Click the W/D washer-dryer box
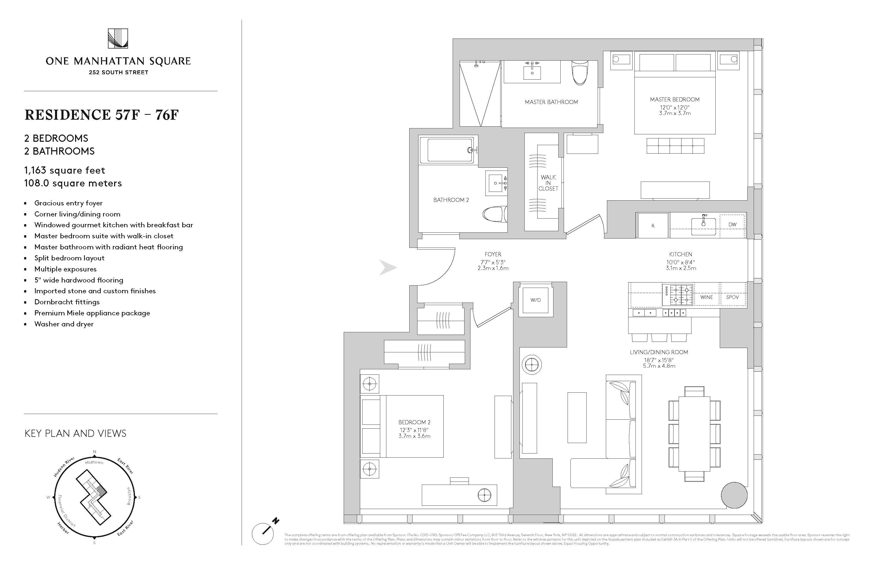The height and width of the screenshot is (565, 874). point(535,300)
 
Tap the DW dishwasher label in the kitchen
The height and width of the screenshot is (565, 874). point(732,224)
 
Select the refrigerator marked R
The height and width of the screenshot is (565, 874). point(653,226)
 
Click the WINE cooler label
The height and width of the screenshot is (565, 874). point(706,297)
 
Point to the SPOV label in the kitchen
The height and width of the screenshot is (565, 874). point(732,297)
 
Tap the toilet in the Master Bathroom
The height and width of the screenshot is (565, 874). point(580,72)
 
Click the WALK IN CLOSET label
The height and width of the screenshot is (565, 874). point(548,183)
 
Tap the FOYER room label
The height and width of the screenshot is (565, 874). point(493,254)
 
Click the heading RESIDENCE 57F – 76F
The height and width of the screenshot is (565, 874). point(102,115)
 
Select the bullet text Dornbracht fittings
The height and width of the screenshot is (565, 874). point(67,302)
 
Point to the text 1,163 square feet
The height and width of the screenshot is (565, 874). point(65,170)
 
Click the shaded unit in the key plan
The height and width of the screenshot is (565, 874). point(102,490)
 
